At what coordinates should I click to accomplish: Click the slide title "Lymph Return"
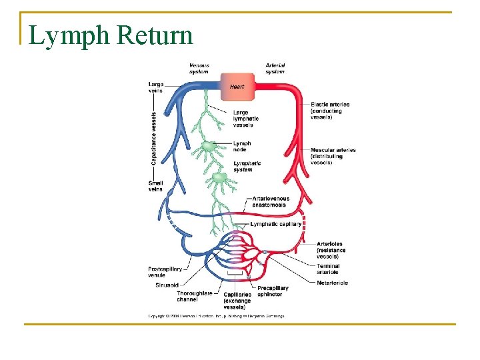click(111, 35)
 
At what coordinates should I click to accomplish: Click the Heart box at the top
click(237, 86)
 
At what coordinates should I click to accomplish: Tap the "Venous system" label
click(199, 69)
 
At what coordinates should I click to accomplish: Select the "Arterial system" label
click(275, 69)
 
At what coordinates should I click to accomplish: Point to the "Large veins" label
click(155, 87)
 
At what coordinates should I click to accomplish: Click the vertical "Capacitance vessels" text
click(154, 139)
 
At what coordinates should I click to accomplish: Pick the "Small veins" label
click(155, 185)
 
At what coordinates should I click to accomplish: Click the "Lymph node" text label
click(242, 146)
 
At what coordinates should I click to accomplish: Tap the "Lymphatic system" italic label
click(247, 166)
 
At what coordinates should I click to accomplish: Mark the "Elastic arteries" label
click(330, 111)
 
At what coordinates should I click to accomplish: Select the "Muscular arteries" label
click(333, 156)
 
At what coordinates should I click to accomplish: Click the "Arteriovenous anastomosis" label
click(271, 201)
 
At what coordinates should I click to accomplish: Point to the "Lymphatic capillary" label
click(276, 224)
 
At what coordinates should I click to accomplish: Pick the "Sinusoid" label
click(166, 285)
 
